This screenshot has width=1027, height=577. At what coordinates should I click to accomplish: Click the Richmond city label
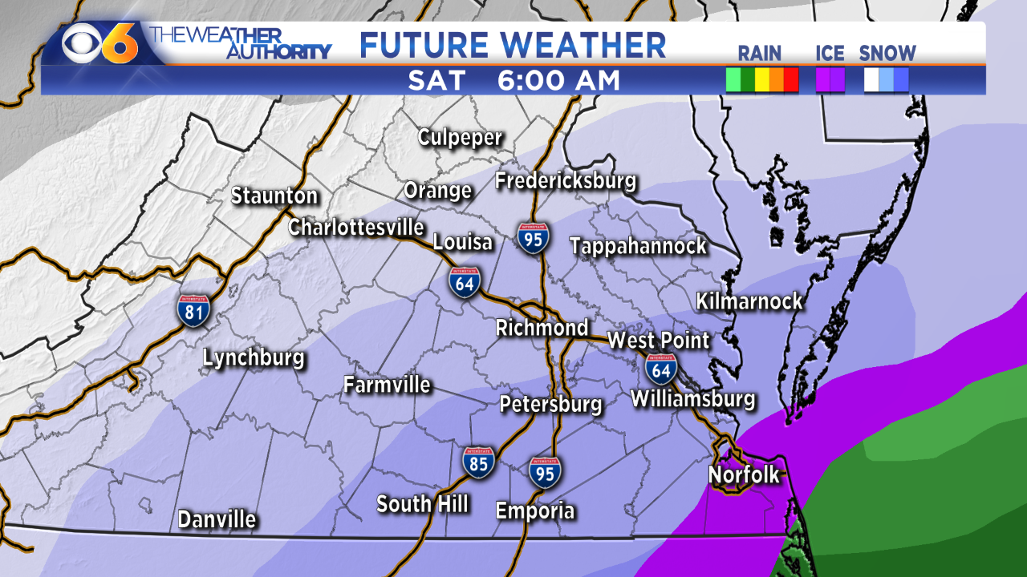(542, 328)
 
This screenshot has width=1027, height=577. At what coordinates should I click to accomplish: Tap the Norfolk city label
(744, 474)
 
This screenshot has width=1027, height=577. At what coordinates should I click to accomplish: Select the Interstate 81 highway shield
(194, 310)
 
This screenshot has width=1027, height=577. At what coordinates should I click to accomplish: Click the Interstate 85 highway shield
(478, 463)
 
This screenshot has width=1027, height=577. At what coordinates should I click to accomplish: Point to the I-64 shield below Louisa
(465, 283)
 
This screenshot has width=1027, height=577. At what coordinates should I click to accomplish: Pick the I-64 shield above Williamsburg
(661, 369)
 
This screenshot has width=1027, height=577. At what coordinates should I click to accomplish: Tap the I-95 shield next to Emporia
(545, 472)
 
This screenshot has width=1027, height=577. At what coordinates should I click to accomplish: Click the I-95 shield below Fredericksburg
(534, 238)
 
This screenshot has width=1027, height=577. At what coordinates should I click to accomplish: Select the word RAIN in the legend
(759, 54)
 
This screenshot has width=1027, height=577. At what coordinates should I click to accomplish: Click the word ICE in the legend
(830, 54)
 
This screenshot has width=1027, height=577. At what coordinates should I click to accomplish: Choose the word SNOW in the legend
(887, 54)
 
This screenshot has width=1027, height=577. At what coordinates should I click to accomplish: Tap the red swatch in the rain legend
(791, 80)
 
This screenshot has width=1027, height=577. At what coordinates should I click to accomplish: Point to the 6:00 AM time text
(558, 80)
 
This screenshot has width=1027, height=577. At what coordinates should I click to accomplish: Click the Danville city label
(217, 519)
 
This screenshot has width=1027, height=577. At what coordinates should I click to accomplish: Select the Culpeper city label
(461, 137)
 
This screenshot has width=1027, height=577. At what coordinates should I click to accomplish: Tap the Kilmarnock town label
(749, 301)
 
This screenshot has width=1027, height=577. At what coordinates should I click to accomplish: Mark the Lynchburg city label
(254, 357)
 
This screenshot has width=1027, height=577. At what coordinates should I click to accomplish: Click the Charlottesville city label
(356, 227)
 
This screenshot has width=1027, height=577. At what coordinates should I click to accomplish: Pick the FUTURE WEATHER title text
(513, 45)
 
